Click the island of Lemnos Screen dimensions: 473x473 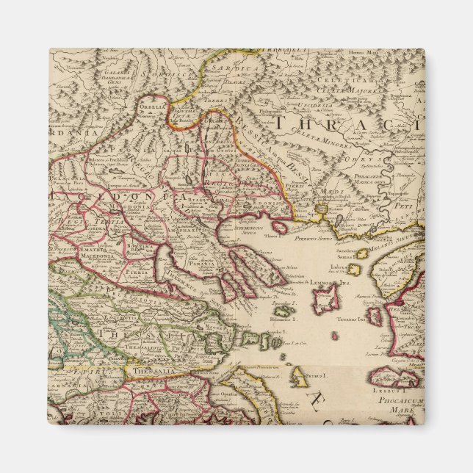click(324, 299)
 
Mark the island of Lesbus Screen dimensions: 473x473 click(401, 379)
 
